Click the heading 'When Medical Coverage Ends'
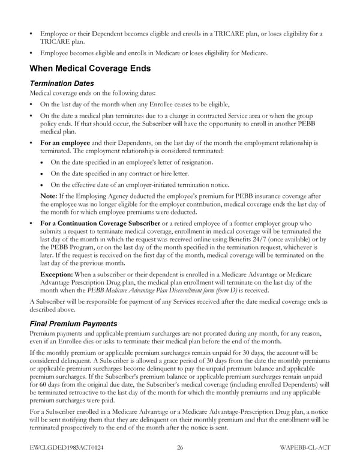click(x=89, y=68)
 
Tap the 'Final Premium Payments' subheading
click(x=73, y=324)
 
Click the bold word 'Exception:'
click(x=58, y=274)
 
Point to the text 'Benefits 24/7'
click(x=257, y=239)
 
